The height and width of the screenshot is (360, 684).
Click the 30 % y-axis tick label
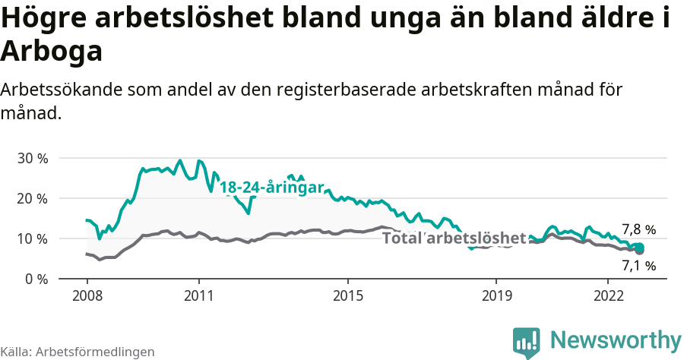(x=32, y=158)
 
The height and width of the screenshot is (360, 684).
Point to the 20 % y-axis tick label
(x=32, y=198)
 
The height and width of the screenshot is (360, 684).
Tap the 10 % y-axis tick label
(x=32, y=238)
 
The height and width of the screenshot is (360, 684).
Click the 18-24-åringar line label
(x=272, y=188)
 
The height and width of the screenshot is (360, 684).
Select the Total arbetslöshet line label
(x=454, y=238)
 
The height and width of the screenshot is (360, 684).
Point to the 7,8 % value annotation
(x=638, y=229)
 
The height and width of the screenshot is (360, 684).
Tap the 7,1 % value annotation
(x=638, y=266)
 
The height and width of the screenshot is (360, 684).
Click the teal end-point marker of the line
(x=640, y=247)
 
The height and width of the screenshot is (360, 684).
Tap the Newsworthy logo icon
(x=526, y=342)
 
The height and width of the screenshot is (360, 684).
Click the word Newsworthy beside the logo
(x=616, y=339)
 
